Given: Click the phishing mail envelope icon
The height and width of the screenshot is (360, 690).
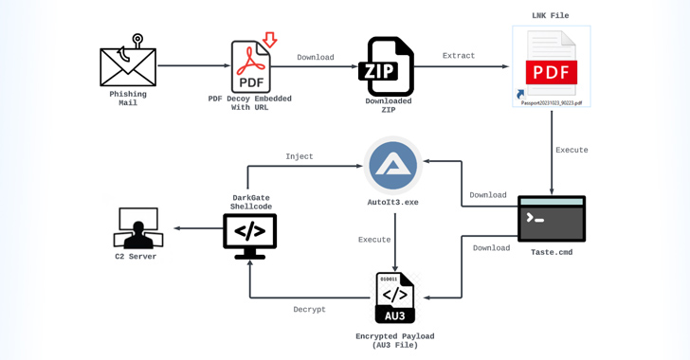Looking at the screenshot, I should coord(128,65).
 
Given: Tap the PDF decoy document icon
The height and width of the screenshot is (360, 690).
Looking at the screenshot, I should coord(250,66).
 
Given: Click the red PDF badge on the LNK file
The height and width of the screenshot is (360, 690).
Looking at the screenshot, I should coord(552,72).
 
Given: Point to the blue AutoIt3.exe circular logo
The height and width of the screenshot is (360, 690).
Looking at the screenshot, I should coord(393,165).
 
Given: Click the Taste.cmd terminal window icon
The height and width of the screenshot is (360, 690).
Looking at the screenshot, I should coord(552,219).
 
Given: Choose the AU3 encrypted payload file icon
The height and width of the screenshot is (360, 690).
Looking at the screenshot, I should coord(394,298).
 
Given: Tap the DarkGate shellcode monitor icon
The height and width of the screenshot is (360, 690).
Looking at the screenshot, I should coord(250,235).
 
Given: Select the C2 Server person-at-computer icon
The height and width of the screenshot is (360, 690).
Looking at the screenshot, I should coord(137,228).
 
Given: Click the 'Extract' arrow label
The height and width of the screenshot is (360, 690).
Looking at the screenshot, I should coord(459,56).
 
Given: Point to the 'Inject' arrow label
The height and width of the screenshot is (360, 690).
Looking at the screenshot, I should coord(300,156).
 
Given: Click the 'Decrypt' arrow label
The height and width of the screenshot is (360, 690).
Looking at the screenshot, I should coord(309,310).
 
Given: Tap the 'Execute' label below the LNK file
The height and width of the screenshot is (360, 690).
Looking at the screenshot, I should coord(572,150).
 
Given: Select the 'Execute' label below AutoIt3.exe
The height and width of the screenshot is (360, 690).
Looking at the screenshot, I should coord(374,240).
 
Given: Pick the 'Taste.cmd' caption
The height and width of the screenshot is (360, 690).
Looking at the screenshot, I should coord(552,253).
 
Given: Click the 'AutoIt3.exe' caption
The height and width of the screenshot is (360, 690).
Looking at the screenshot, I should coord(393,203).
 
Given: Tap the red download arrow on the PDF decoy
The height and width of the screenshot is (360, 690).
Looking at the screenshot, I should coord(270,39).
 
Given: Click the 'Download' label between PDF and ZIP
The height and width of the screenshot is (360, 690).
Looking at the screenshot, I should coord(316,57).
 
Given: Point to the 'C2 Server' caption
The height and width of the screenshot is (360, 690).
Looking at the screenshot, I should coord(136,257).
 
